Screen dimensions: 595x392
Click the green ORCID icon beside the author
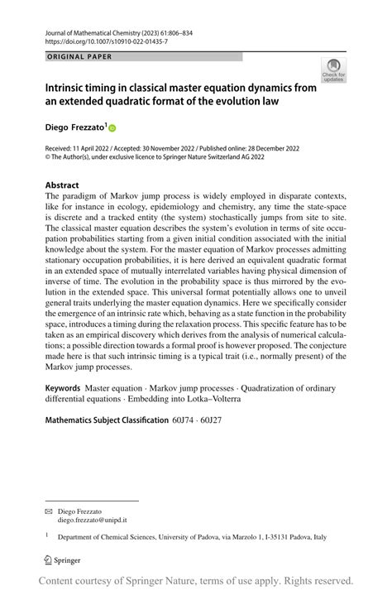[112, 128]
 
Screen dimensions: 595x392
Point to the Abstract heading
[62, 185]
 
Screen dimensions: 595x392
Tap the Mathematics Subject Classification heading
[107, 420]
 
